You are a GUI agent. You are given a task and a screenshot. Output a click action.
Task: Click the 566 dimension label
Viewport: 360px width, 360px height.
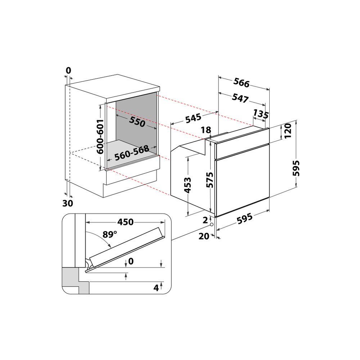coord(241,83)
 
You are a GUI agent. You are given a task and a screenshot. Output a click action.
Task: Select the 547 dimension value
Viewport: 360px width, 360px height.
coord(240,98)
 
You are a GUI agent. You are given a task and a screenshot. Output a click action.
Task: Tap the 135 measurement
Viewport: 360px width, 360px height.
coord(261,114)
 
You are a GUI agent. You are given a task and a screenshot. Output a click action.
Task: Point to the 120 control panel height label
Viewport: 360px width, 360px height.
coord(287,132)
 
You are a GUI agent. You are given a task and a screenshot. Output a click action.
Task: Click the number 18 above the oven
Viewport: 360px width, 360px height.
coord(206,130)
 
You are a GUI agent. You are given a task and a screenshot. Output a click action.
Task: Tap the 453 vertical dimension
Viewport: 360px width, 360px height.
coord(188,186)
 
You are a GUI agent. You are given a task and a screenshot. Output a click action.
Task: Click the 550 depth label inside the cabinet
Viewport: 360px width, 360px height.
coord(137,122)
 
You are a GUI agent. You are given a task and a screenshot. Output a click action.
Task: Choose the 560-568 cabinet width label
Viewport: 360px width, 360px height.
coord(132,153)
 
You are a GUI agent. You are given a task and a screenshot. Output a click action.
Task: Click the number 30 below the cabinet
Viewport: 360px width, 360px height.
coord(67,203)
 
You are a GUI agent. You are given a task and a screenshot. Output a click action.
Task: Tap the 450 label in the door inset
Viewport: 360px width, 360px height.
coord(126,222)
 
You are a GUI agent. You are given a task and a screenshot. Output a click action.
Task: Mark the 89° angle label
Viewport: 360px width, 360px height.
coord(110,235)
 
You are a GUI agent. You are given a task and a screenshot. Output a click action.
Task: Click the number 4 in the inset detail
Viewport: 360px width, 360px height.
coord(156,288)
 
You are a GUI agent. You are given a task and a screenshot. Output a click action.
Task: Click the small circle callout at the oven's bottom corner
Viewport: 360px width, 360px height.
coord(211,225)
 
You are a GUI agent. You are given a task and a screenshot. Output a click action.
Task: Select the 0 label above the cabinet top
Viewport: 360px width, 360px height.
coord(68,71)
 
